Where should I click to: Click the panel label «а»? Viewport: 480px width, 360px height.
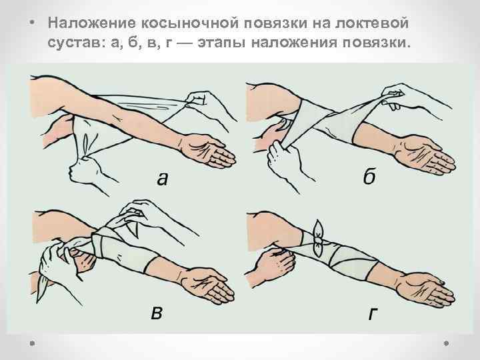(163, 179)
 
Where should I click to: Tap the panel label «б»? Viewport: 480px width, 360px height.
(369, 176)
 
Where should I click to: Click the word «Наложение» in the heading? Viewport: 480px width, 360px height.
(91, 23)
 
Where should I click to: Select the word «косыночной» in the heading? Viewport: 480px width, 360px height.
(189, 23)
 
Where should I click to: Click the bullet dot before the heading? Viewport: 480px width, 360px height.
(33, 23)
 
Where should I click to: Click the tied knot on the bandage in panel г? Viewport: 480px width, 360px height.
(319, 235)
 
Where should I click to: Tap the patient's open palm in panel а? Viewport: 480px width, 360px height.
(206, 150)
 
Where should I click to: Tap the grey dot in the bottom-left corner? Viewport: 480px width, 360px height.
(32, 343)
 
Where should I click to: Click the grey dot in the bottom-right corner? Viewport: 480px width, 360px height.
(446, 343)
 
